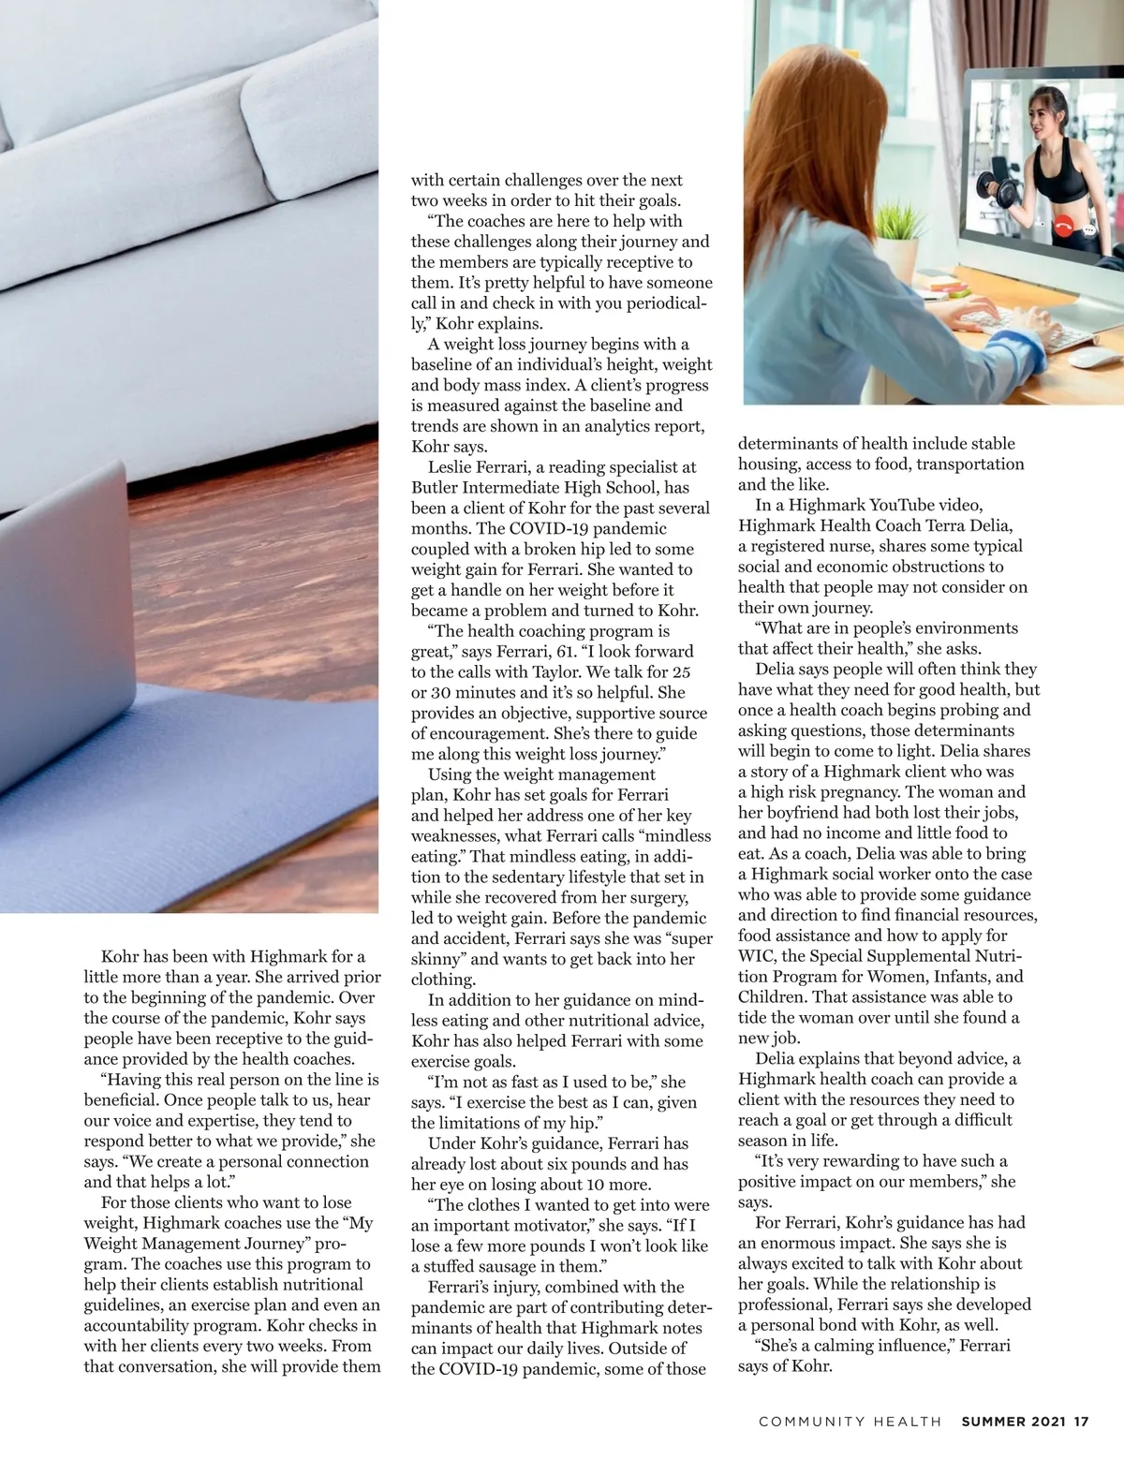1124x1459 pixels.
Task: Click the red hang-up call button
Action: pyautogui.click(x=1062, y=226)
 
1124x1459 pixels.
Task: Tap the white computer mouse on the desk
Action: pyautogui.click(x=1096, y=358)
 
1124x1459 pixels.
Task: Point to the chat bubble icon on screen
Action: pyautogui.click(x=1087, y=227)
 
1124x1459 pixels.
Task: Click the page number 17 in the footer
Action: pyautogui.click(x=1081, y=1422)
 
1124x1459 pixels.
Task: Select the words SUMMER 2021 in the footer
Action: pyautogui.click(x=1014, y=1422)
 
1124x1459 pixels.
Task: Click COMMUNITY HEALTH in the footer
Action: pyautogui.click(x=850, y=1422)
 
